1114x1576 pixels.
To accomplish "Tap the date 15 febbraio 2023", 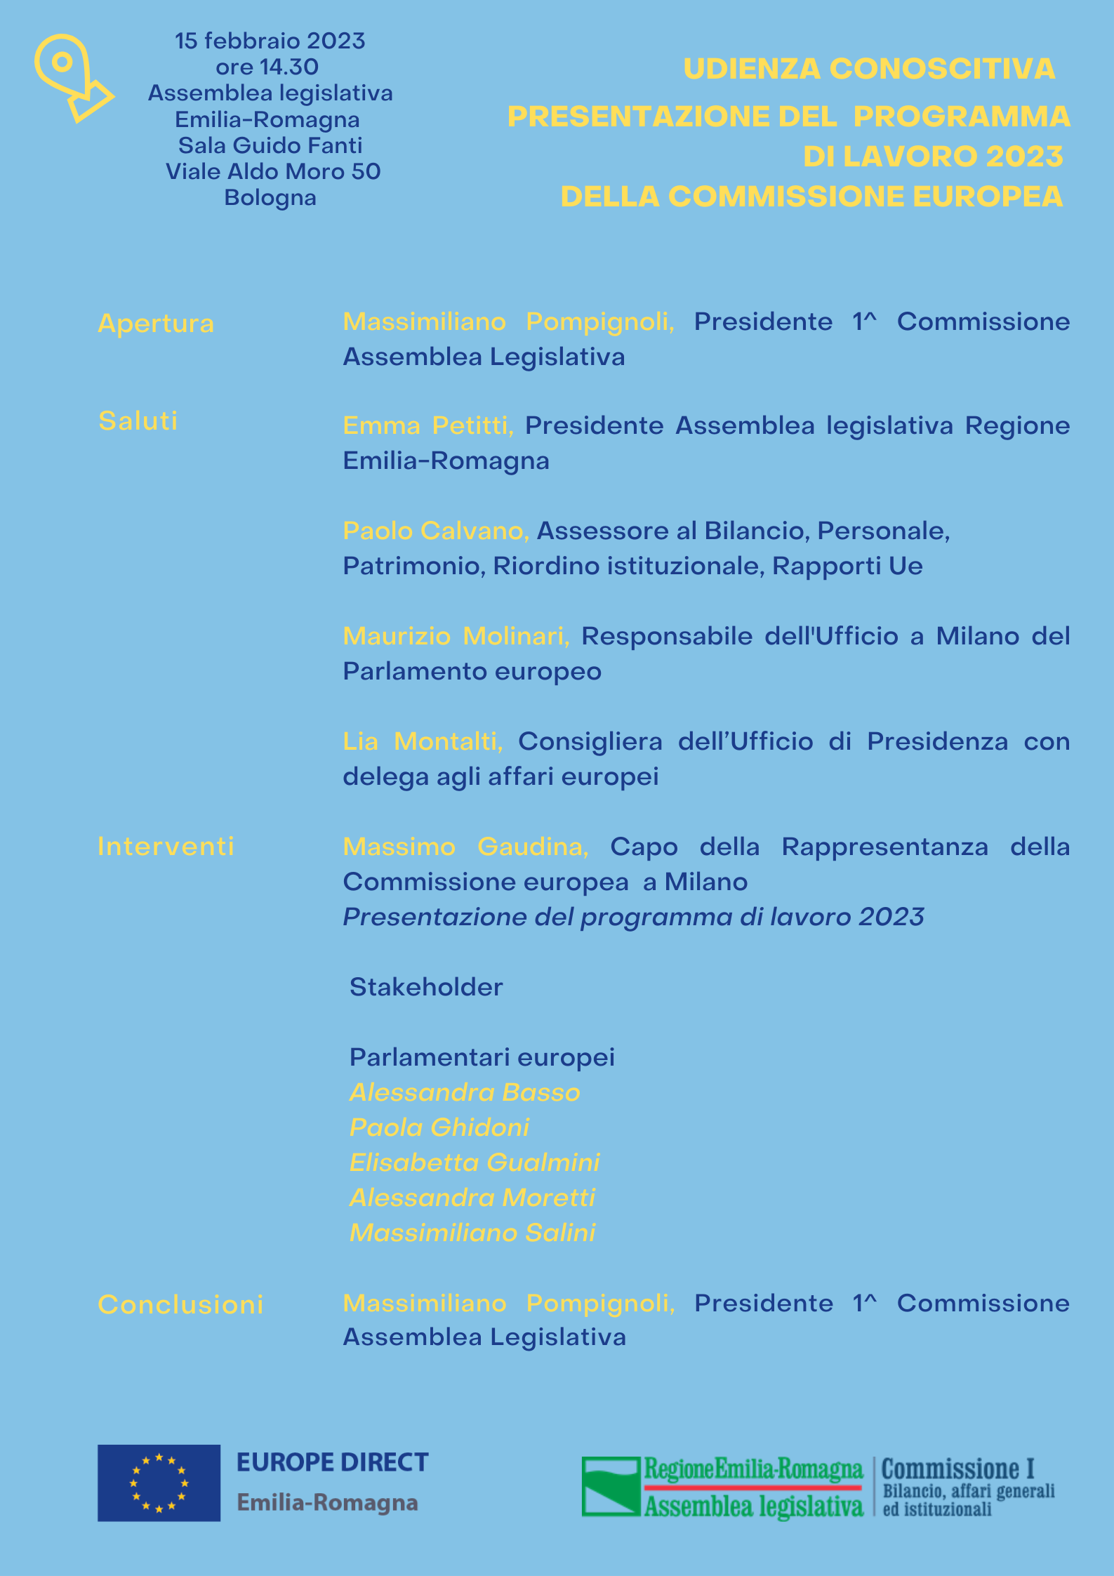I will click(270, 41).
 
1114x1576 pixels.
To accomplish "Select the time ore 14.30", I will click(267, 67).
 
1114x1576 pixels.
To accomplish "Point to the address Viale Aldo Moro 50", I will click(273, 172).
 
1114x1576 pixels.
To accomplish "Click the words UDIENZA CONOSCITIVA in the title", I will click(869, 69).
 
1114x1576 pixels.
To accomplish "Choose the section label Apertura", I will click(156, 324).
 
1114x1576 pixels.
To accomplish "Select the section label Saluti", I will click(138, 421).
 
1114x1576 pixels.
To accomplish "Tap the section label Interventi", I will click(166, 847).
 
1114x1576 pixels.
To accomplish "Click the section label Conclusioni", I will click(180, 1305).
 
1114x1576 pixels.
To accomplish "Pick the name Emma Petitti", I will click(428, 426).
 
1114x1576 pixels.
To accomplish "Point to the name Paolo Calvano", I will click(436, 531).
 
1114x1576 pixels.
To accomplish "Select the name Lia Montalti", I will click(423, 742).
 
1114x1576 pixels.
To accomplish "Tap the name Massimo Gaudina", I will click(465, 847).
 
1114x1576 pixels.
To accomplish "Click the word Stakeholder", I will click(426, 988).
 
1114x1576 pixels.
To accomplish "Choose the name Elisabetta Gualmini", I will click(475, 1163).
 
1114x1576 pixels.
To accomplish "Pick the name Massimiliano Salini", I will click(472, 1233).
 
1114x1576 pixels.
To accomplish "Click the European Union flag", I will click(159, 1483).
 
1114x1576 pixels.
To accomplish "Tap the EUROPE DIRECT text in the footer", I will click(332, 1463).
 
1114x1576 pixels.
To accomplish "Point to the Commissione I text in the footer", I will click(957, 1469).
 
